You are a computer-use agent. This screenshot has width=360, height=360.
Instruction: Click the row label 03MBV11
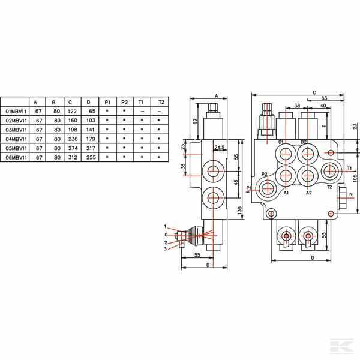tap(16, 130)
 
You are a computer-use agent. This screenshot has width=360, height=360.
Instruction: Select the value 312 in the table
tap(73, 157)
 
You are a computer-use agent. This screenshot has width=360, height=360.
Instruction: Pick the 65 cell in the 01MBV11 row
tap(92, 112)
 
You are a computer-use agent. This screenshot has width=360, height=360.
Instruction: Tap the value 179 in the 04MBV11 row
tap(92, 139)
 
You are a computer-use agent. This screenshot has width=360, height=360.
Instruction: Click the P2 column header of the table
tap(125, 102)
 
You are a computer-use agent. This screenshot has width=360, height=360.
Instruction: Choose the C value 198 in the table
tap(73, 130)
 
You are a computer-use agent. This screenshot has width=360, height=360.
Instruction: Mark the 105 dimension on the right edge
tap(355, 178)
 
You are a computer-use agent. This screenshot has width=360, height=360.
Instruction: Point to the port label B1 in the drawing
tap(280, 142)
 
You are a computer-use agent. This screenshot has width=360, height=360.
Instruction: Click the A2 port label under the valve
tap(309, 193)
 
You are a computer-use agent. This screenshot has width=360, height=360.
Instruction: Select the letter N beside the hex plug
tap(351, 195)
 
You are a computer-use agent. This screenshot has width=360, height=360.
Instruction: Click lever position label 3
tap(164, 248)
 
